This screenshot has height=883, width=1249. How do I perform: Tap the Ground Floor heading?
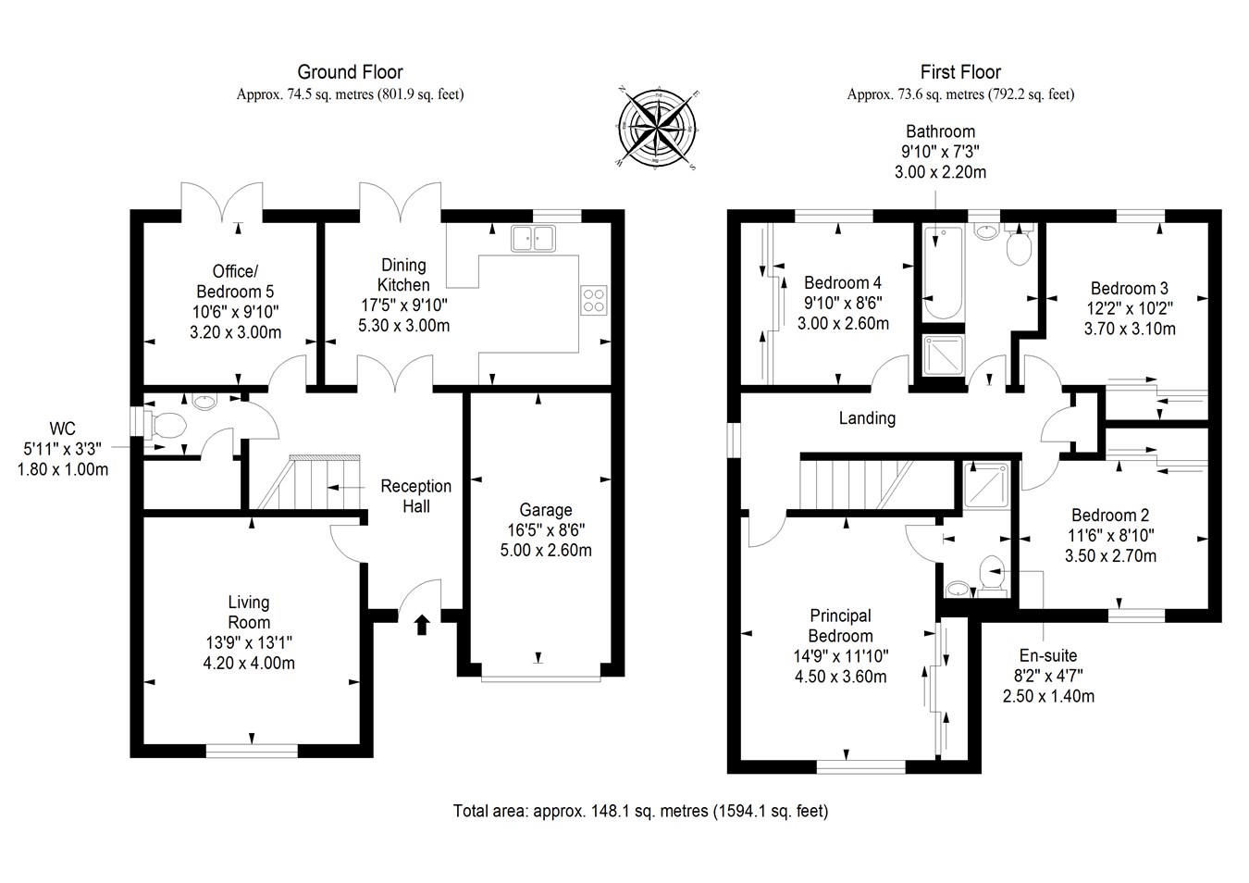(x=350, y=71)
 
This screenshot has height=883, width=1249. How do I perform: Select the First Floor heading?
(x=960, y=71)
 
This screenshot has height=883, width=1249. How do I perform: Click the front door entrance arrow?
(x=422, y=625)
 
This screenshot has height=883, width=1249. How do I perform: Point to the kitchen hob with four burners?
(x=593, y=300)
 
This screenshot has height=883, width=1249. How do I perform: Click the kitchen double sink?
(x=532, y=238)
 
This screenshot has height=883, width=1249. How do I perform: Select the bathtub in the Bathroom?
(x=944, y=273)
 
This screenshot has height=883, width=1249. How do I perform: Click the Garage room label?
(x=545, y=510)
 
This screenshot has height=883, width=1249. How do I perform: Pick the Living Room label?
(x=249, y=613)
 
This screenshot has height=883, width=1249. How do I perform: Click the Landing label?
(x=867, y=418)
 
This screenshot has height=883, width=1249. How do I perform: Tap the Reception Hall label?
(x=416, y=496)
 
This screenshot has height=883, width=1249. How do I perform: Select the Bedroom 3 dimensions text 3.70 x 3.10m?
(x=1130, y=329)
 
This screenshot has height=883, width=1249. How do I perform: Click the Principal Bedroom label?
(x=840, y=626)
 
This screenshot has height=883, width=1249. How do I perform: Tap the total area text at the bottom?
(x=640, y=812)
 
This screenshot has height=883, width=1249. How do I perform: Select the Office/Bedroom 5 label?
(x=235, y=281)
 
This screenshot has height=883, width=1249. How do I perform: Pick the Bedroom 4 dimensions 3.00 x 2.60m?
(x=843, y=323)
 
